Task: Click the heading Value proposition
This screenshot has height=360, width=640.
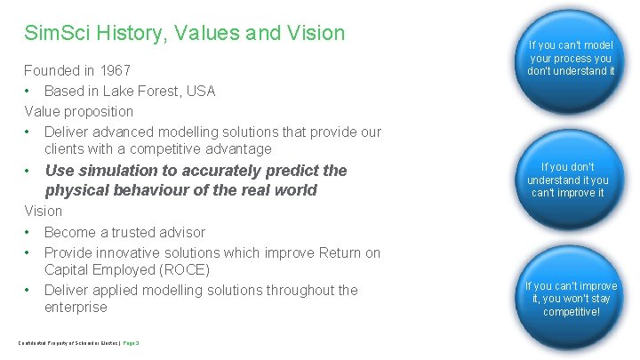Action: pos(79,111)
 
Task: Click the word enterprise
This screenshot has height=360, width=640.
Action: pos(76,308)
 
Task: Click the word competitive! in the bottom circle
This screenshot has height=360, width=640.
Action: pos(571,312)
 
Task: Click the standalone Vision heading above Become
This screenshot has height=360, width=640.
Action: pos(44,212)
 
